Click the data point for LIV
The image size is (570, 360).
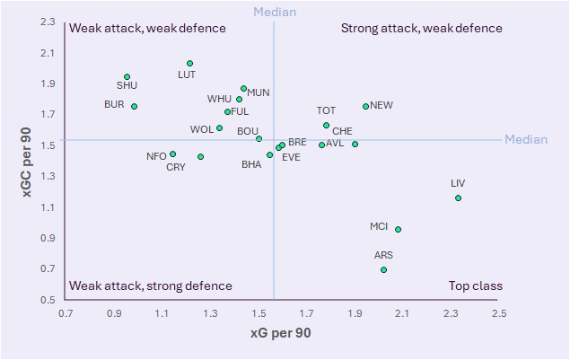pyautogui.click(x=458, y=198)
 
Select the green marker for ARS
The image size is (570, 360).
pyautogui.click(x=384, y=269)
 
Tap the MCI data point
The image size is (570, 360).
pyautogui.click(x=398, y=229)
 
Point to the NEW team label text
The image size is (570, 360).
pyautogui.click(x=381, y=105)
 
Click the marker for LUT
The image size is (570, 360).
pyautogui.click(x=190, y=64)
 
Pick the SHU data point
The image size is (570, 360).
pyautogui.click(x=127, y=77)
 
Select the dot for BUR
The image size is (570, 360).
pyautogui.click(x=134, y=106)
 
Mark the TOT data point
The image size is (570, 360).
pyautogui.click(x=326, y=126)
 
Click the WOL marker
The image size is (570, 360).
pyautogui.click(x=219, y=128)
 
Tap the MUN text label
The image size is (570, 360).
pyautogui.click(x=259, y=92)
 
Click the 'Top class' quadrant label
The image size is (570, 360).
pyautogui.click(x=475, y=286)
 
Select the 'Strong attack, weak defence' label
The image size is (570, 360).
pyautogui.click(x=421, y=29)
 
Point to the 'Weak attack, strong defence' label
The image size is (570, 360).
pyautogui.click(x=151, y=286)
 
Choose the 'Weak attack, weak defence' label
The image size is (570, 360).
pyautogui.click(x=147, y=29)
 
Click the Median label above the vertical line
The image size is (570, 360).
pyautogui.click(x=274, y=12)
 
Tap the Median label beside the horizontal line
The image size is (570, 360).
pyautogui.click(x=526, y=139)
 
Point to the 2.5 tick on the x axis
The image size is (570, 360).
pyautogui.click(x=499, y=314)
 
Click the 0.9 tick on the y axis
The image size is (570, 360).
pyautogui.click(x=47, y=238)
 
